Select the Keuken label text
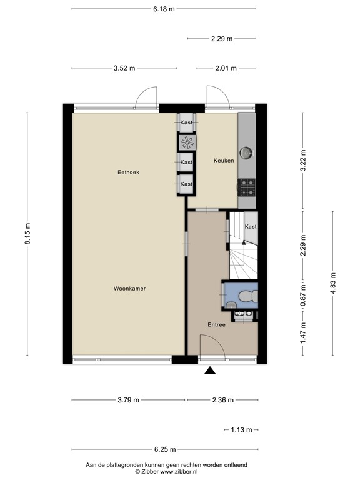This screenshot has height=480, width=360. (224, 161)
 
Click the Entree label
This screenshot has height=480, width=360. (216, 325)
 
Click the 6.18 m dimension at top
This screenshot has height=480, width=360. (164, 9)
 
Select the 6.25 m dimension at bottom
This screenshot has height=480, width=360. (164, 449)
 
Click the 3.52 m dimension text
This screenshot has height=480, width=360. (124, 68)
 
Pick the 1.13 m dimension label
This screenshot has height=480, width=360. (241, 430)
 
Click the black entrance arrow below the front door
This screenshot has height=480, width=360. (210, 371)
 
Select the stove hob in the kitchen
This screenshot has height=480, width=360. (246, 185)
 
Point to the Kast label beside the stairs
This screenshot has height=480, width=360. (250, 226)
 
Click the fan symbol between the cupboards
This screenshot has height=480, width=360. (186, 142)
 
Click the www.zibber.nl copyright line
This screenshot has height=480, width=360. (166, 472)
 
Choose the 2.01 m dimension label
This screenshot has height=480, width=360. (226, 68)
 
